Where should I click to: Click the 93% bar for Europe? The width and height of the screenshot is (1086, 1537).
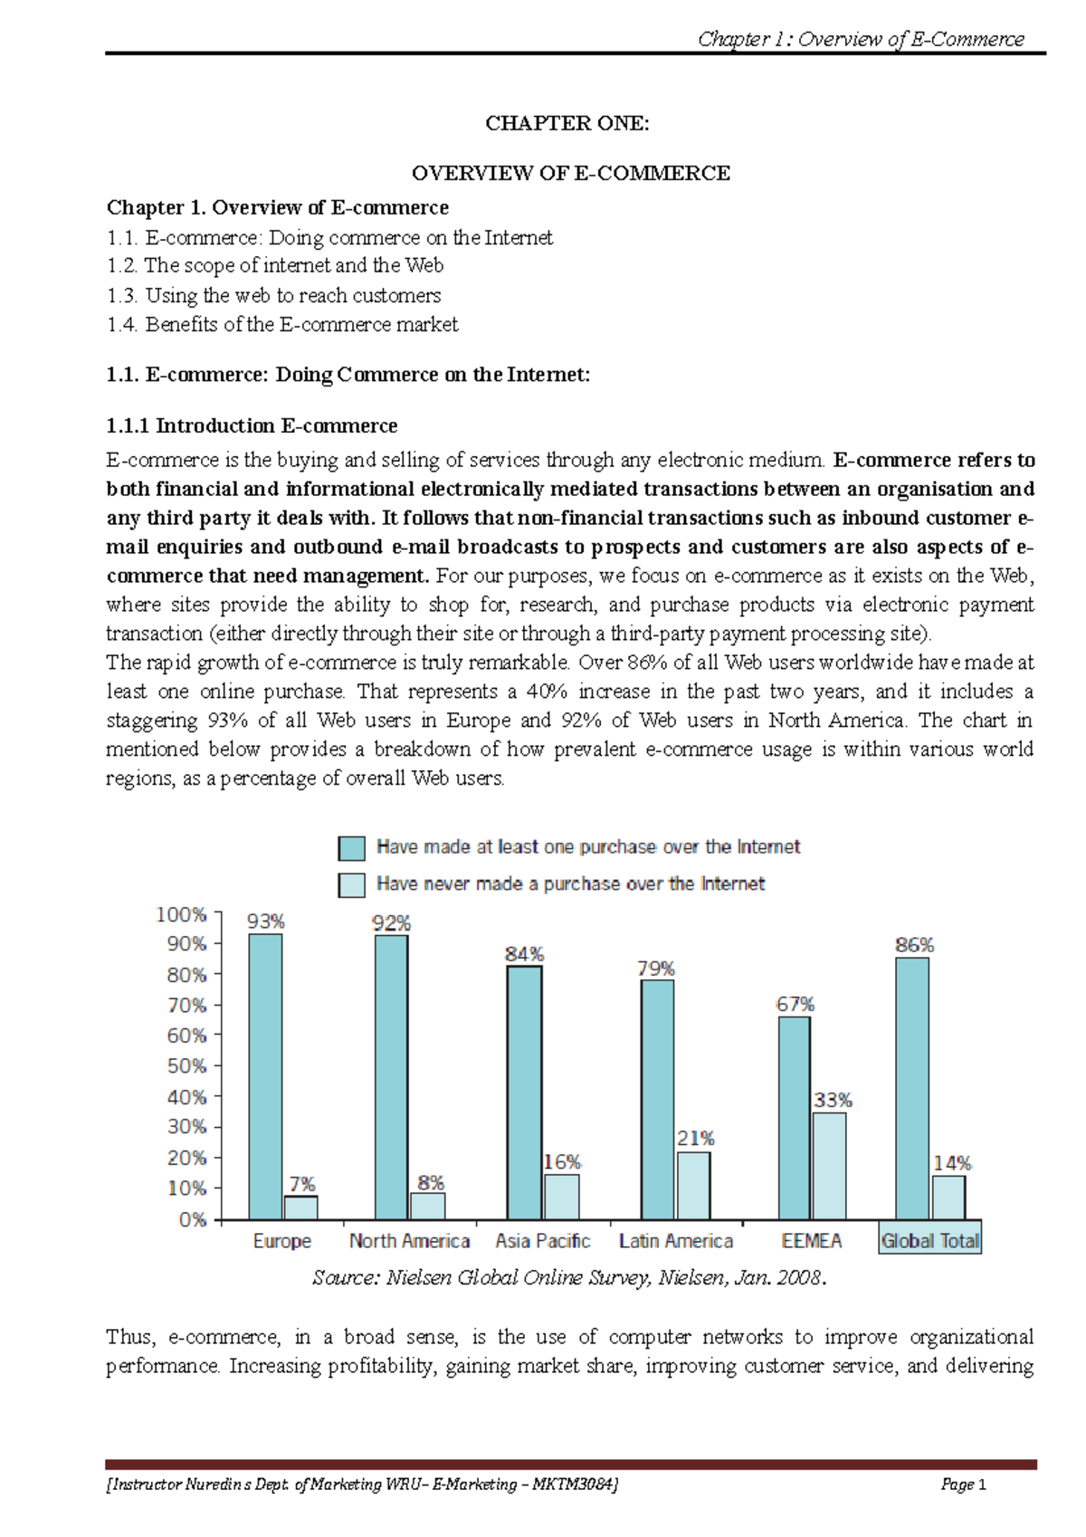point(265,1076)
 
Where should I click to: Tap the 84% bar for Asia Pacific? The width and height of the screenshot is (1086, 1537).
point(524,1093)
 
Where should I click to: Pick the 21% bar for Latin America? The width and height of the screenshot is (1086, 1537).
point(693,1185)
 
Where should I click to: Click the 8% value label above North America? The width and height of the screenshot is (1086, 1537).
point(431,1182)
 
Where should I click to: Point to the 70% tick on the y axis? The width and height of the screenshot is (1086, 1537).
point(186,1005)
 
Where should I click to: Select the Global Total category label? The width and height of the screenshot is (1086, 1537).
point(929,1240)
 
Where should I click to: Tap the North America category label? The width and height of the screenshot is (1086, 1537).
point(409,1240)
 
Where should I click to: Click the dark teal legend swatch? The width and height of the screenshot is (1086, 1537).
point(351,848)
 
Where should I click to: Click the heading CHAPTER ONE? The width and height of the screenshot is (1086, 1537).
point(567,123)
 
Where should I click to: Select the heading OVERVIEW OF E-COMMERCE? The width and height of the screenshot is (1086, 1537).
point(570,173)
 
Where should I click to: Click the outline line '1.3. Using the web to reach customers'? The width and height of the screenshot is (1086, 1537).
point(273,295)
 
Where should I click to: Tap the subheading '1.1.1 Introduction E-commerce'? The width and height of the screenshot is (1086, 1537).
point(252,425)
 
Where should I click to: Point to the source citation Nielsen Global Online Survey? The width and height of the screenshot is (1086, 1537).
point(569,1277)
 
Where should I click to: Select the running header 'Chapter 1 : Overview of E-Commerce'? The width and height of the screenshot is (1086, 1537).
point(861,39)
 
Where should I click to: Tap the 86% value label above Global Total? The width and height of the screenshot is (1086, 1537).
point(914,945)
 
